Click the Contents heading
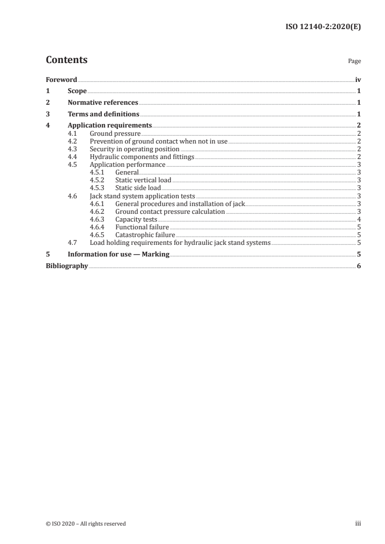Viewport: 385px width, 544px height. coord(67,60)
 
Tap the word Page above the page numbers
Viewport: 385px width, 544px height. coord(354,62)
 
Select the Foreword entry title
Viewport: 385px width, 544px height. coord(61,80)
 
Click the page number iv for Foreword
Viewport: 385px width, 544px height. coord(358,80)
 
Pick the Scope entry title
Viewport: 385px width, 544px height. coord(77,91)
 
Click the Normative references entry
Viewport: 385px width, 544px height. coord(103,103)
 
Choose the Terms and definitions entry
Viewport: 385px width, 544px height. coord(103,114)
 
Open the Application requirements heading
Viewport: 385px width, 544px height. coord(110,126)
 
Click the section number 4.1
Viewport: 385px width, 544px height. coord(73,133)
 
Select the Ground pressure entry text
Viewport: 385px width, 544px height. coord(115,133)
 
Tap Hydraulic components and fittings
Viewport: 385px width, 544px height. coord(142,157)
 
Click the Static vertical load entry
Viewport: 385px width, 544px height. coord(143,180)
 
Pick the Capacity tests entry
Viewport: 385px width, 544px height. coord(136,219)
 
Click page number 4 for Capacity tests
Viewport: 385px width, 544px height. coord(358,219)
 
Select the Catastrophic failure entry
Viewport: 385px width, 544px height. coord(145,235)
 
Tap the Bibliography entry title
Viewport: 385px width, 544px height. coord(67,266)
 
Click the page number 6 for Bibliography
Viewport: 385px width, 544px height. coord(358,266)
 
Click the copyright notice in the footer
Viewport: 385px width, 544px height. coord(85,524)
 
